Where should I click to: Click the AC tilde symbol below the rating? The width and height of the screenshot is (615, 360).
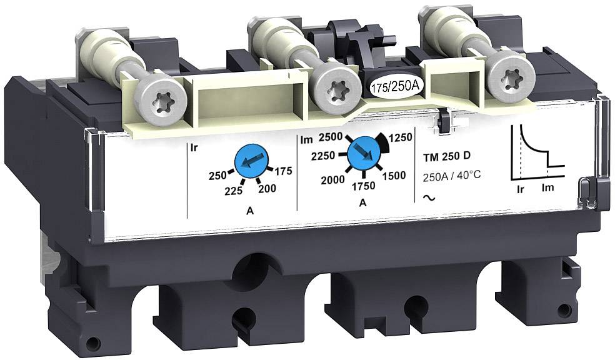pyautogui.click(x=429, y=197)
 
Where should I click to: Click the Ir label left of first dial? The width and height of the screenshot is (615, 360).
pyautogui.click(x=193, y=149)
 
